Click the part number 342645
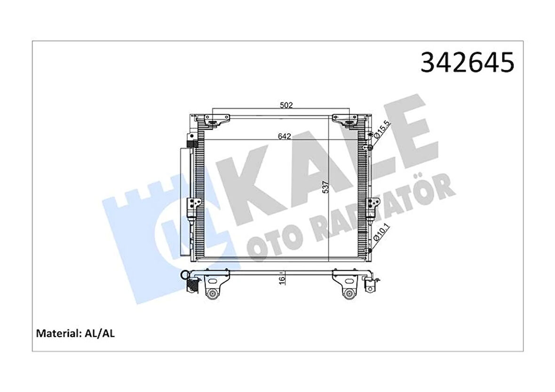pos(467,63)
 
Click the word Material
pos(56,334)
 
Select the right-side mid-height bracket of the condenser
pos(374,204)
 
